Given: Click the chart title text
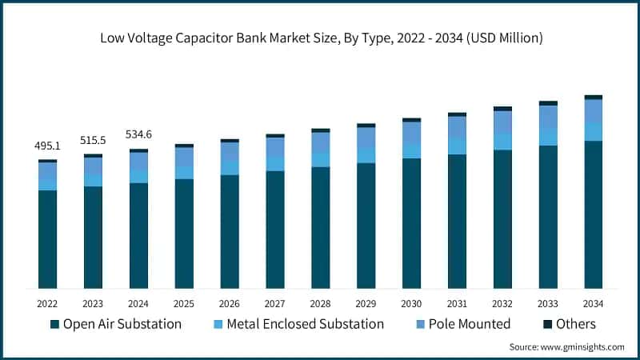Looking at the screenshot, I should tap(320, 37).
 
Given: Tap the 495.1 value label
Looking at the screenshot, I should tap(48, 146).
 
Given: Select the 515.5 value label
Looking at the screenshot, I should tap(93, 140).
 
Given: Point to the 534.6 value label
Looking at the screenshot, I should tap(138, 134).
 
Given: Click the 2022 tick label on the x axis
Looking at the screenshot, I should tap(48, 303).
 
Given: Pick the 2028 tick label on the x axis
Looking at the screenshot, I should tap(320, 303).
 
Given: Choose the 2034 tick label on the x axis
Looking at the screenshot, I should tap(593, 303).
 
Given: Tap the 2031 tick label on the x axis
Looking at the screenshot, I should tap(457, 303).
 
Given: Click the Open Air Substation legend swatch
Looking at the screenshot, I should tap(54, 324).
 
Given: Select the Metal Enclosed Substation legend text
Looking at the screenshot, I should tap(306, 324).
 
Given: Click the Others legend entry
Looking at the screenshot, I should tap(570, 324).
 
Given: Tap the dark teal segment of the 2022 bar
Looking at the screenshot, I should tap(48, 239).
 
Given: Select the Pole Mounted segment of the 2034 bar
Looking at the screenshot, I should tap(593, 111).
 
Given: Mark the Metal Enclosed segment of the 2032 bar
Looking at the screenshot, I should tap(502, 141).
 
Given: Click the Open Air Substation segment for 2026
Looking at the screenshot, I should tap(230, 231).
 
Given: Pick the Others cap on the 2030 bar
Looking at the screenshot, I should tap(411, 120).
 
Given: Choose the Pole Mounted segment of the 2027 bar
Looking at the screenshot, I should tap(275, 147).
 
